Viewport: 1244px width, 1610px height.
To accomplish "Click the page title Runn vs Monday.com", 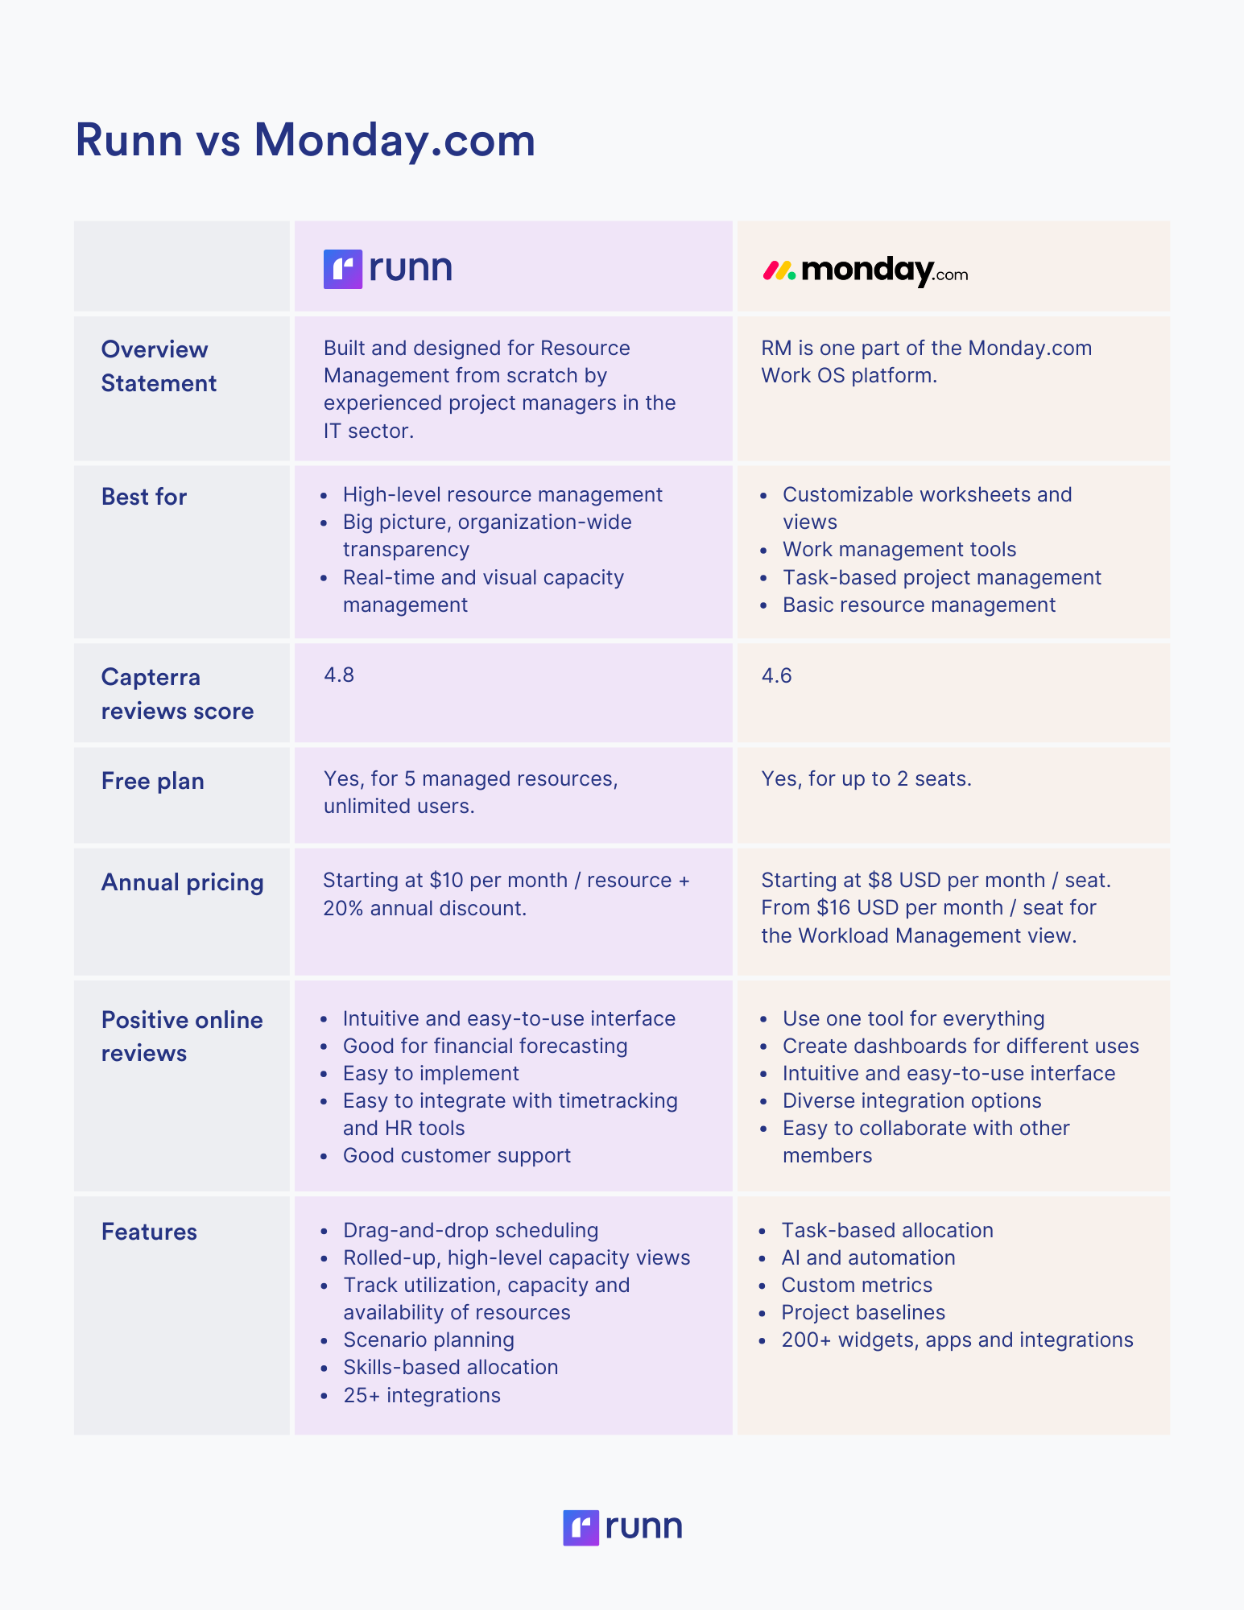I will point(305,140).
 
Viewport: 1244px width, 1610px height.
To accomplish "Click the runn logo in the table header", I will point(387,268).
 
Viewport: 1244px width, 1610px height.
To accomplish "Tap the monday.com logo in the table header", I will point(865,270).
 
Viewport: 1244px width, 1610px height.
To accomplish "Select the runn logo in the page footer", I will point(622,1527).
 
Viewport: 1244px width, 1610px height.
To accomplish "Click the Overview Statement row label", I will point(159,366).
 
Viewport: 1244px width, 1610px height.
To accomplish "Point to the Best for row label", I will point(144,497).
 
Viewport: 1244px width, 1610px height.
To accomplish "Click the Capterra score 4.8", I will point(339,675).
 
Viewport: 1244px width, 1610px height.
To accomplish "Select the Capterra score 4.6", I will point(776,675).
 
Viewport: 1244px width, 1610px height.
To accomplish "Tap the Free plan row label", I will point(153,781).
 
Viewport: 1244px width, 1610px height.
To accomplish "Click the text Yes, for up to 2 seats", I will point(866,778).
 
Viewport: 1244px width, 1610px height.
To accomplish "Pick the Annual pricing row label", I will point(183,882).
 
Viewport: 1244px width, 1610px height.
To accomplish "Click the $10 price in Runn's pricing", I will point(447,880).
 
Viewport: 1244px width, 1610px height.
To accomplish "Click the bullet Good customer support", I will point(457,1155).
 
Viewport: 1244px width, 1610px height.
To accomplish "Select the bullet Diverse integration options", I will point(911,1100).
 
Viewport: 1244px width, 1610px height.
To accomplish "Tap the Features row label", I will point(149,1232).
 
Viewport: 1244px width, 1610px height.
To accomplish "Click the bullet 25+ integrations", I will point(422,1395).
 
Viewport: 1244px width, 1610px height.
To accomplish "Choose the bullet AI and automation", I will point(868,1257).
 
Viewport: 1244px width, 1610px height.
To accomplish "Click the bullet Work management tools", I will point(899,549).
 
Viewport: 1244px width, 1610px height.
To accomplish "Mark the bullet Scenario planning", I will point(428,1340).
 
